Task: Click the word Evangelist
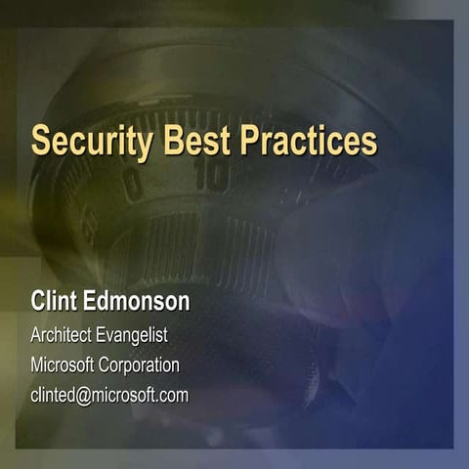pos(132,335)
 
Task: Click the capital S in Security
pos(40,140)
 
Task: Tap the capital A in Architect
pos(36,335)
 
